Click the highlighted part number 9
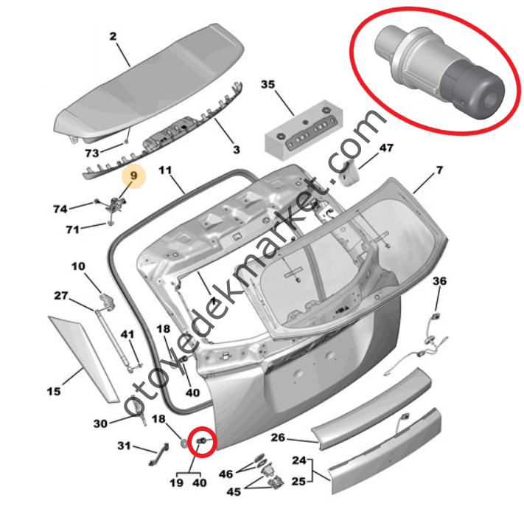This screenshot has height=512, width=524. (x=133, y=176)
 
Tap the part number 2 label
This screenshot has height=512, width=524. (x=113, y=36)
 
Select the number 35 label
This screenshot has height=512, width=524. (x=268, y=84)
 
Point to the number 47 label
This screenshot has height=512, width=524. (x=386, y=148)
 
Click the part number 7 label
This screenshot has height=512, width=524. (x=439, y=170)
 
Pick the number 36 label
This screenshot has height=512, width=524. (x=439, y=281)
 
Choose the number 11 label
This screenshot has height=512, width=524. (x=165, y=170)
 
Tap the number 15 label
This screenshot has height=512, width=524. (x=54, y=391)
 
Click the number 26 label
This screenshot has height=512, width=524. (x=278, y=437)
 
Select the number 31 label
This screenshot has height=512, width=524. (x=124, y=446)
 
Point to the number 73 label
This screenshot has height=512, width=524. (x=92, y=153)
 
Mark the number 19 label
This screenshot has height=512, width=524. (x=177, y=483)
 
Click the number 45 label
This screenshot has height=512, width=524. (x=234, y=491)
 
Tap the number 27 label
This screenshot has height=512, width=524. (x=61, y=296)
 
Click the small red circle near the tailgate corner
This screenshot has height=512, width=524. (x=202, y=442)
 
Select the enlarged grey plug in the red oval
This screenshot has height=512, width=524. (x=439, y=74)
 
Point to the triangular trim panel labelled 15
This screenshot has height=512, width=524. (x=83, y=359)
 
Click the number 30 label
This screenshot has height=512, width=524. (x=100, y=423)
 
